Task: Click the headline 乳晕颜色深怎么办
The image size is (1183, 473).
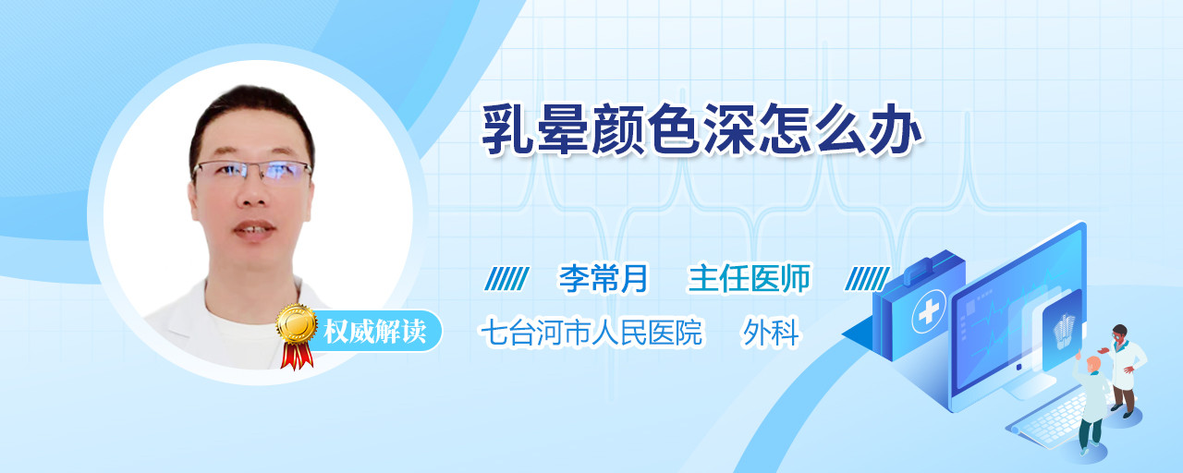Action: point(701,130)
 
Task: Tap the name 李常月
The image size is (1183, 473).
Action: point(604,278)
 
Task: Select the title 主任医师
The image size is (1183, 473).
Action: point(749,278)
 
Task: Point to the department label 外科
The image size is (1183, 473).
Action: point(771,332)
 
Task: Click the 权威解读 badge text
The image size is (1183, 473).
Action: point(374,332)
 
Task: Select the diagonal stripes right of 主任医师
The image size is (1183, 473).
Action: point(867,279)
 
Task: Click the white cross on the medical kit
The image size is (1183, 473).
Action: point(928,312)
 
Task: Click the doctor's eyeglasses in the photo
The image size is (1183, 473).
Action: point(252,171)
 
